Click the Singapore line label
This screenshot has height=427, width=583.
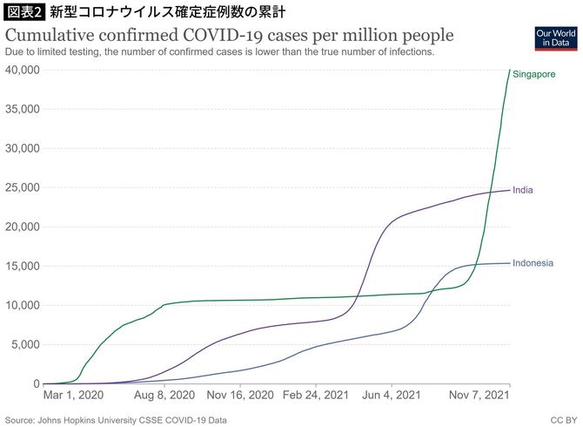(x=534, y=75)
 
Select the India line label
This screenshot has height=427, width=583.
(x=523, y=190)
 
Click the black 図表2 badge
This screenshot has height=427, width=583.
(x=22, y=12)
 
